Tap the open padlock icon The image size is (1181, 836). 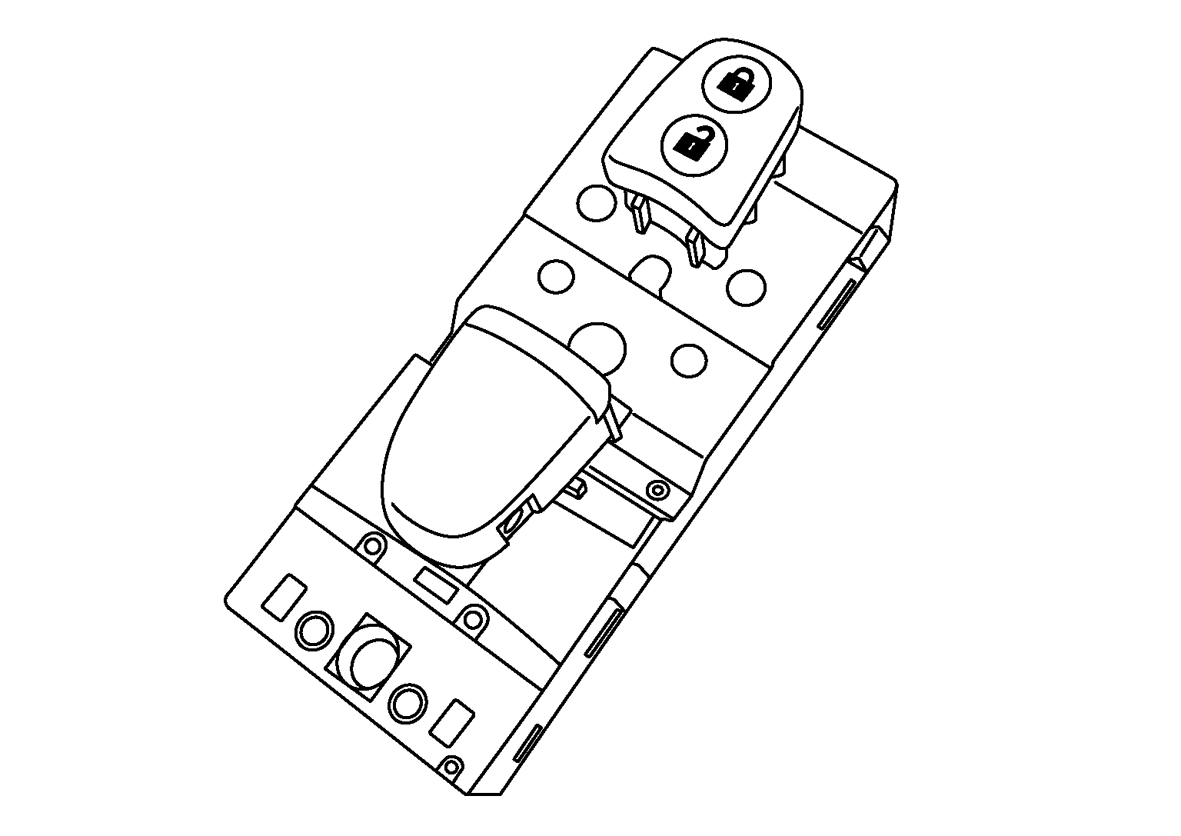tap(694, 142)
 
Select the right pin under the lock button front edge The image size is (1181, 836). tap(697, 248)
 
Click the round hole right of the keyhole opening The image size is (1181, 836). tap(746, 286)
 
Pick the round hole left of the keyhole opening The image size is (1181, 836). tap(555, 275)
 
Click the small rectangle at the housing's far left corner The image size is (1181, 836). tap(284, 596)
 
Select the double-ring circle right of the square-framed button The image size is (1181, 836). tap(408, 701)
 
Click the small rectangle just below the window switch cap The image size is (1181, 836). tap(434, 585)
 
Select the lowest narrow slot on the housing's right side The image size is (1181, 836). tap(527, 743)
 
